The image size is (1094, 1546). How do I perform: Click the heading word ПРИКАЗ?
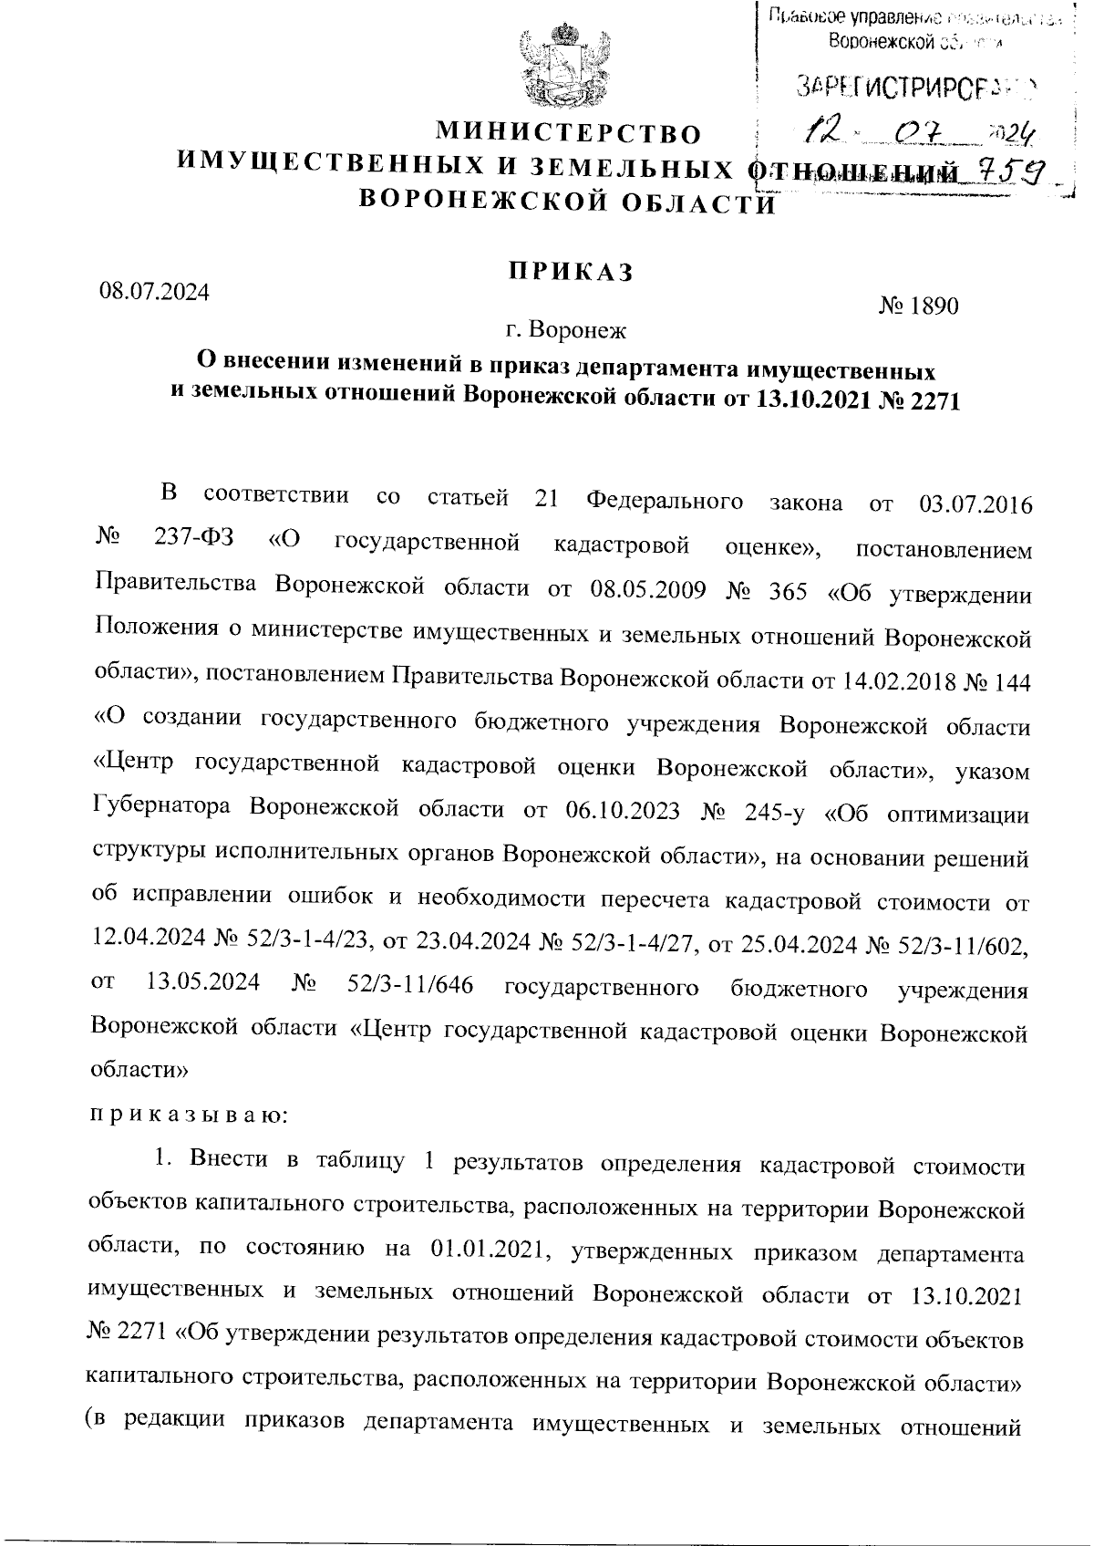[x=570, y=271]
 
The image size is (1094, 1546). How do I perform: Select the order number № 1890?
[x=919, y=306]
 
